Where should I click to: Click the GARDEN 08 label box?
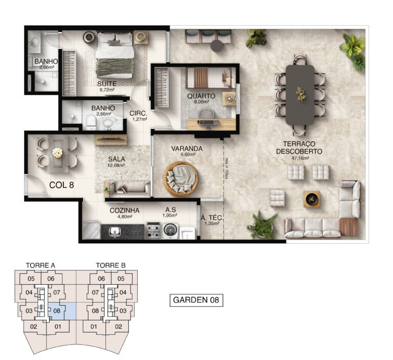pyautogui.click(x=196, y=300)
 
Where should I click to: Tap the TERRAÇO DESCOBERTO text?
pyautogui.click(x=299, y=147)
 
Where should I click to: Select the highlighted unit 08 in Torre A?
pyautogui.click(x=56, y=310)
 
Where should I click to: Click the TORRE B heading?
pyautogui.click(x=111, y=265)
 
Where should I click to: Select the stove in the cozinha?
pyautogui.click(x=153, y=230)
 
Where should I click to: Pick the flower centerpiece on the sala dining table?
pyautogui.click(x=57, y=153)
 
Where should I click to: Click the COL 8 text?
pyautogui.click(x=62, y=185)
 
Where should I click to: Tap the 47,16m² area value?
pyautogui.click(x=298, y=159)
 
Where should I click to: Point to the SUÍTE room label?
pyautogui.click(x=107, y=83)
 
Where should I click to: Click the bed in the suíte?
pyautogui.click(x=115, y=56)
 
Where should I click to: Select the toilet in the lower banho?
pyautogui.click(x=90, y=121)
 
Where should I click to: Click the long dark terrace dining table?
pyautogui.click(x=300, y=94)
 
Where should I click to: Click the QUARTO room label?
pyautogui.click(x=201, y=96)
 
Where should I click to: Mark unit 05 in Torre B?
pyautogui.click(x=121, y=279)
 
